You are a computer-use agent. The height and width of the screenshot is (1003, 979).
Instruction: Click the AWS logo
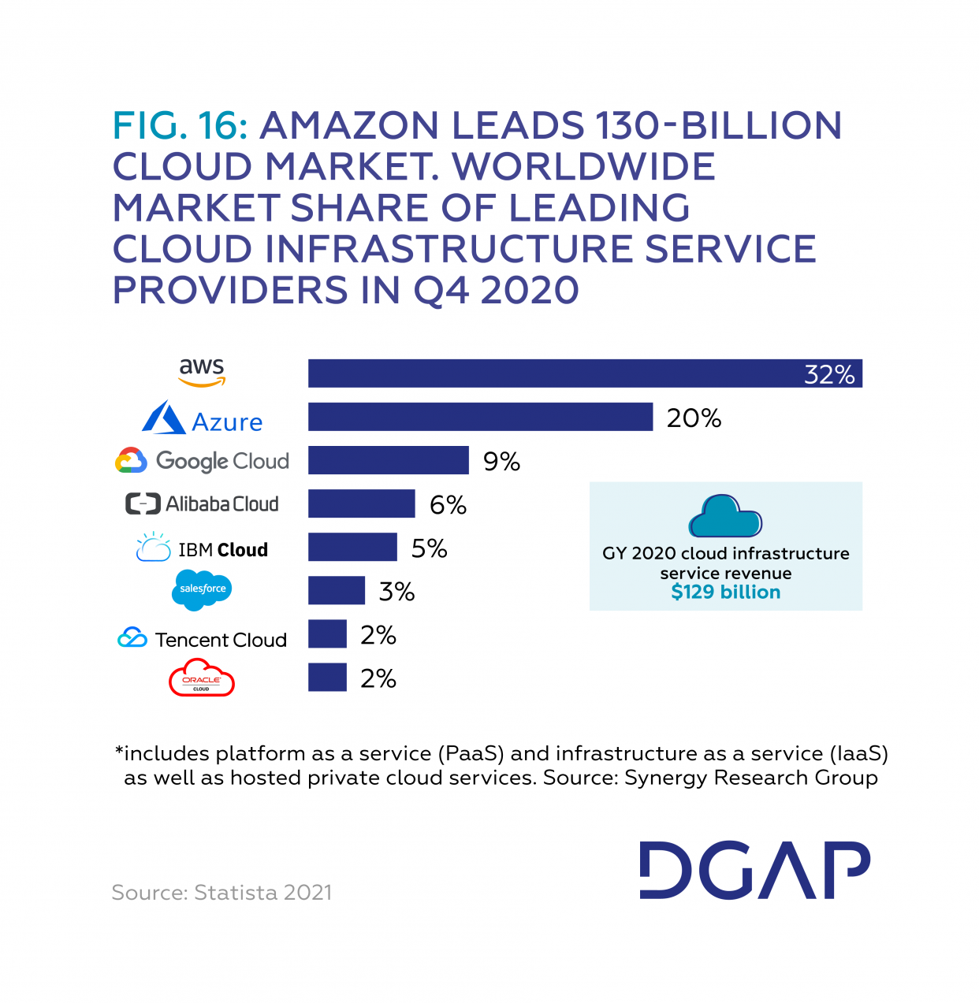(x=202, y=373)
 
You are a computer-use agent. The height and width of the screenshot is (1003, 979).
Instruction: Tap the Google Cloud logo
(x=203, y=461)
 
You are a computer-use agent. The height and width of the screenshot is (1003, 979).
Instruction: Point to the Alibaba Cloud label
(x=203, y=504)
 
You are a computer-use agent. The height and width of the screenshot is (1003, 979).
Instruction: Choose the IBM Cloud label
(x=203, y=548)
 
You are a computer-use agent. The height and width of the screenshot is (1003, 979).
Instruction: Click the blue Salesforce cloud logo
(x=202, y=589)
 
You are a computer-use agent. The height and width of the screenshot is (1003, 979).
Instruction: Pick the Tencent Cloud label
(x=203, y=639)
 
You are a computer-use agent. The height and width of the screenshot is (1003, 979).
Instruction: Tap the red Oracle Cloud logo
(x=202, y=679)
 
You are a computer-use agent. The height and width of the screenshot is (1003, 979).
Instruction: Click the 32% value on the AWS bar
(x=828, y=374)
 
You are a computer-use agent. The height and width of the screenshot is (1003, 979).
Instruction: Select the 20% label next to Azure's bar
(x=694, y=418)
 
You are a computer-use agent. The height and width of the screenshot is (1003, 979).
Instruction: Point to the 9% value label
(x=501, y=461)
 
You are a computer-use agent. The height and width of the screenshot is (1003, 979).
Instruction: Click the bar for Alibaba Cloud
(x=361, y=503)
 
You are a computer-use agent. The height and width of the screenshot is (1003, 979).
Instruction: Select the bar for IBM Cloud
(x=352, y=547)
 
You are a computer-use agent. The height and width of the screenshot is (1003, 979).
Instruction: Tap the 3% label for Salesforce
(x=396, y=591)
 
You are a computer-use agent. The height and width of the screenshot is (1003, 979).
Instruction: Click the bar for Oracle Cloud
(x=327, y=677)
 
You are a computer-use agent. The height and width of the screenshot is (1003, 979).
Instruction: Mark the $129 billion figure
(x=725, y=593)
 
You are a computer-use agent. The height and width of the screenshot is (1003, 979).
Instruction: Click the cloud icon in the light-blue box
(x=725, y=516)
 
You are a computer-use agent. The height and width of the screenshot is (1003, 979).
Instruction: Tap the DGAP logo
(x=754, y=870)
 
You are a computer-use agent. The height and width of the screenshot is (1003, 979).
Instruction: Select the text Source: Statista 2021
(x=221, y=893)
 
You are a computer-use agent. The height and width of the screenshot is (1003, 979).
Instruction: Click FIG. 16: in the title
(x=181, y=126)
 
